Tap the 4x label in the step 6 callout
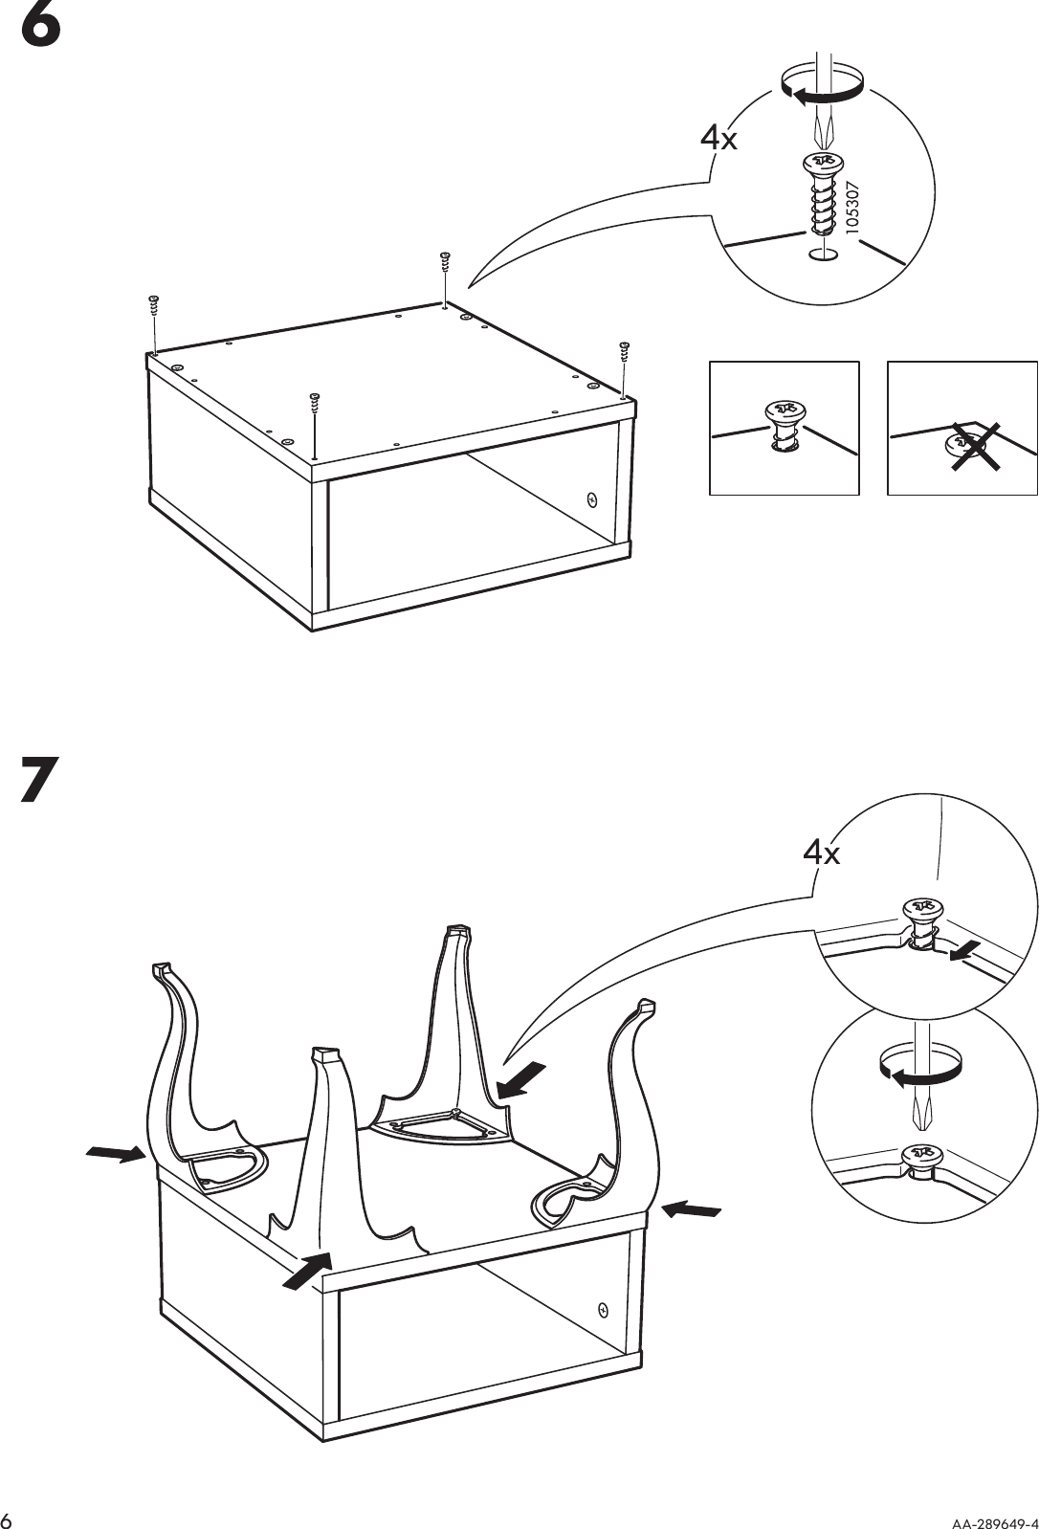(x=718, y=140)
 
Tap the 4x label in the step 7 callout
(x=821, y=852)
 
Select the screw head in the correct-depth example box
(x=784, y=413)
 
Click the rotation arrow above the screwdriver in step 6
(x=823, y=87)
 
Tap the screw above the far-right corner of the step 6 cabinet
(x=625, y=350)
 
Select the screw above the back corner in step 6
(x=444, y=261)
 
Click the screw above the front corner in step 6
(x=313, y=403)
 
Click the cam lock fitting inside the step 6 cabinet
(x=591, y=499)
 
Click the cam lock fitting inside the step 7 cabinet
(x=603, y=1310)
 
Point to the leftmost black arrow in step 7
(x=112, y=1154)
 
